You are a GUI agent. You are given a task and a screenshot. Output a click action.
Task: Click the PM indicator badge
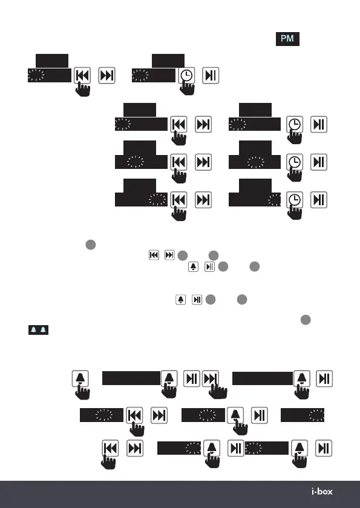coord(287,39)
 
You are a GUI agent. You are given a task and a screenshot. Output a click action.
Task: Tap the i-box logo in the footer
coord(322,492)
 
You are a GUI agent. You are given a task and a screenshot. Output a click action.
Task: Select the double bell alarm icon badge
coord(38,330)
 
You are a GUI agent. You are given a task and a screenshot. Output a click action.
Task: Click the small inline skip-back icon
coord(154,255)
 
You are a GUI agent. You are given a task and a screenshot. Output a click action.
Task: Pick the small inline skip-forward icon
coord(169,255)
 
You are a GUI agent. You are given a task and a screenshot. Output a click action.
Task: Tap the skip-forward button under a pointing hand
coord(211,378)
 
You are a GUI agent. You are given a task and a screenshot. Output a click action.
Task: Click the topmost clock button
coord(186,76)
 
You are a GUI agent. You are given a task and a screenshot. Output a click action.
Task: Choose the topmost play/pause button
coord(211,76)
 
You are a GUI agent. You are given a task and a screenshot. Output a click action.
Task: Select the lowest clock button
coord(295,200)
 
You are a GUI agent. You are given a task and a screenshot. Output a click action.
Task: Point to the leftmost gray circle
coord(91,245)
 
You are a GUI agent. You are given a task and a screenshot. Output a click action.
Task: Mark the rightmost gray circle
coord(306,320)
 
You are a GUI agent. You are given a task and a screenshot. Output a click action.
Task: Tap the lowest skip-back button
coord(110,449)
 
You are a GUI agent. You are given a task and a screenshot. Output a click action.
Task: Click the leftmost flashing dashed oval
coord(36,75)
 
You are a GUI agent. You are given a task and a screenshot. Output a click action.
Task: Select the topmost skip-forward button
coord(107,76)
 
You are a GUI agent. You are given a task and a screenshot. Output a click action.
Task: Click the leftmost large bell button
coord(80,378)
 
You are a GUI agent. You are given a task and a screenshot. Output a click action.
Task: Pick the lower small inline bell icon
coord(181,300)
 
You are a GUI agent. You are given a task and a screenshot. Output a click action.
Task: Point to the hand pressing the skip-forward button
coord(218,390)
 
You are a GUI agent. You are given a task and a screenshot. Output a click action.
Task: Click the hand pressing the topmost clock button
coord(187,87)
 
